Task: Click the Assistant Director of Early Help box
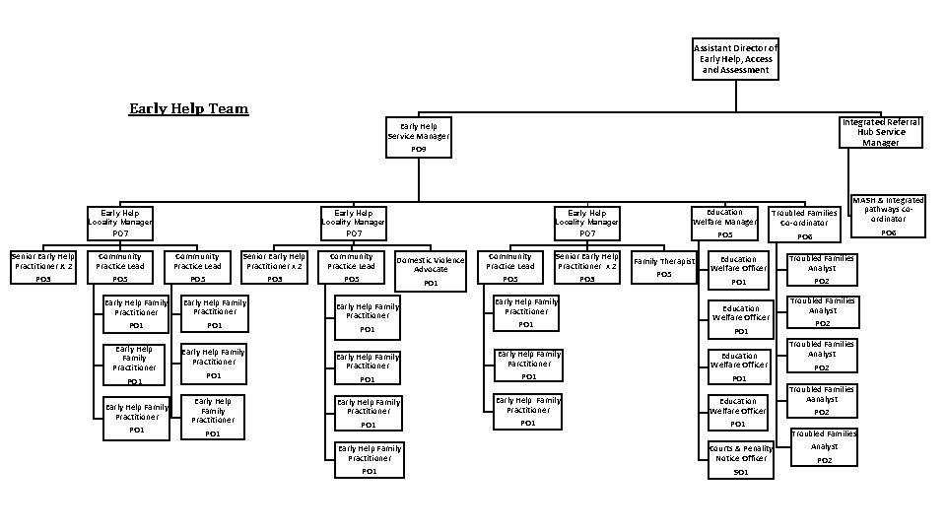(x=735, y=59)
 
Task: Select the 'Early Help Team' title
(x=188, y=108)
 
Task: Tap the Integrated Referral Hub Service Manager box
(x=881, y=132)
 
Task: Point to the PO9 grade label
(x=419, y=149)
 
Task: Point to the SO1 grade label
(x=741, y=472)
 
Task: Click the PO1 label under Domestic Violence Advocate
(x=431, y=283)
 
